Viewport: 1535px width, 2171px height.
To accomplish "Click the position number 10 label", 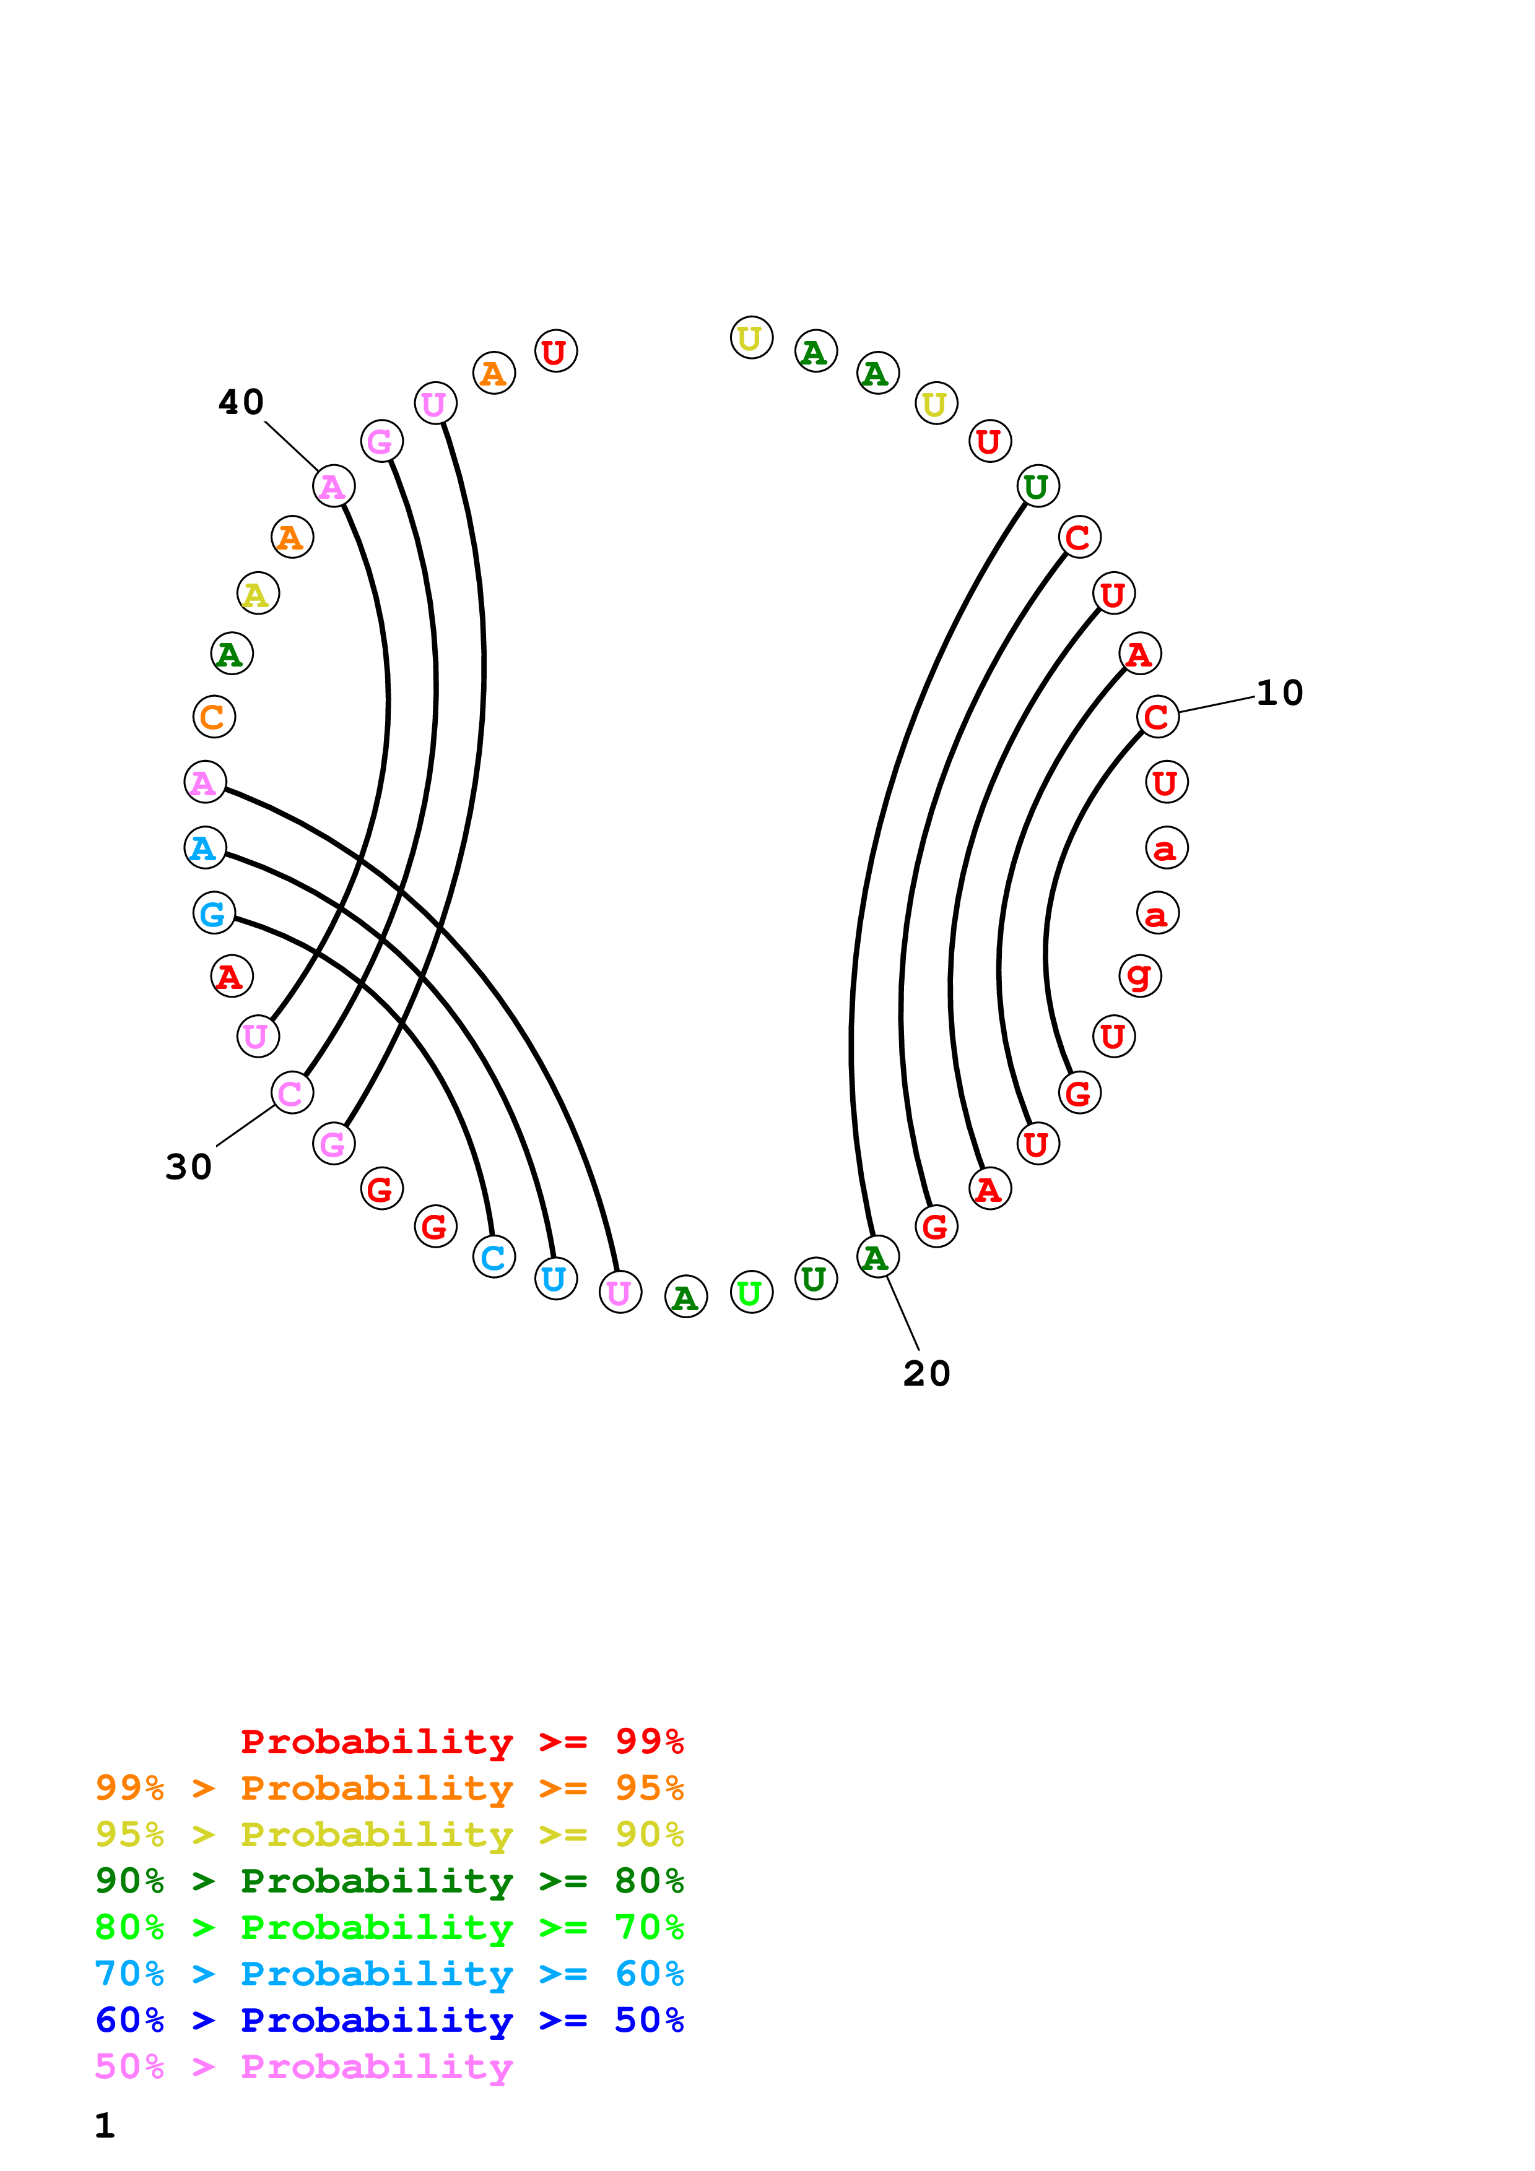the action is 1279,693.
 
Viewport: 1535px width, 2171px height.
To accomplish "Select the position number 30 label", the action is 188,1167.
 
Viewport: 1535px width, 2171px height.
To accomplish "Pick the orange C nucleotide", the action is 214,717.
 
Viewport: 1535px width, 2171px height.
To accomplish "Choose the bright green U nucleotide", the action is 751,1293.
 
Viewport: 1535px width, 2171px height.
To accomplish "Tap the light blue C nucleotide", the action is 494,1258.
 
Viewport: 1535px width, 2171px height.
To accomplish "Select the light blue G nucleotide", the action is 214,913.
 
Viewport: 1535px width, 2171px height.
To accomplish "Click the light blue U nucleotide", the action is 555,1279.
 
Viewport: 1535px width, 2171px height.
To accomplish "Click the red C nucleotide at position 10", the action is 1158,717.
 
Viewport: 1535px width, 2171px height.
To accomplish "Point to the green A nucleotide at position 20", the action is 877,1258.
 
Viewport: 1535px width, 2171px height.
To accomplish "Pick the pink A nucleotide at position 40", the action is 333,486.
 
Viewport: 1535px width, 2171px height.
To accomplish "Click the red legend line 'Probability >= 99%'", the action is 461,1742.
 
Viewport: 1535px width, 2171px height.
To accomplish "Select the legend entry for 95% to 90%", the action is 389,1834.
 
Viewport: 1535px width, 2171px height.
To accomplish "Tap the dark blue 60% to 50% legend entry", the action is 389,2020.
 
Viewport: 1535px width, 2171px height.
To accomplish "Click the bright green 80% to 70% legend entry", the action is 389,1927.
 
